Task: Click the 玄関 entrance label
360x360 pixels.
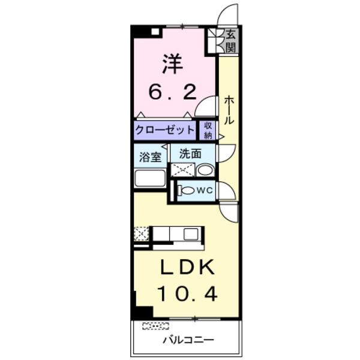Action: (231, 41)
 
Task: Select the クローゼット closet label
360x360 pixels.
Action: (164, 130)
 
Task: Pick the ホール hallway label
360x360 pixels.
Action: (229, 111)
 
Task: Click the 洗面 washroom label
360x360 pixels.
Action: (190, 153)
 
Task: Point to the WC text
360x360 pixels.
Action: (205, 191)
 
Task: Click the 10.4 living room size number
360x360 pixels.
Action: (187, 294)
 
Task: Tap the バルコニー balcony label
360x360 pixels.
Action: (187, 340)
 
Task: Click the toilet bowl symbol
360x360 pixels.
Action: (187, 191)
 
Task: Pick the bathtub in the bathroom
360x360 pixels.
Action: (151, 178)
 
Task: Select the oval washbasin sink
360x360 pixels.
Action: (205, 170)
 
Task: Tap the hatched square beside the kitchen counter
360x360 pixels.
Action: (141, 233)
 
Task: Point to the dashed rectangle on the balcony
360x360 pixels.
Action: (155, 326)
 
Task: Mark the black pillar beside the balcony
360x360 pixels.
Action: (142, 313)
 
